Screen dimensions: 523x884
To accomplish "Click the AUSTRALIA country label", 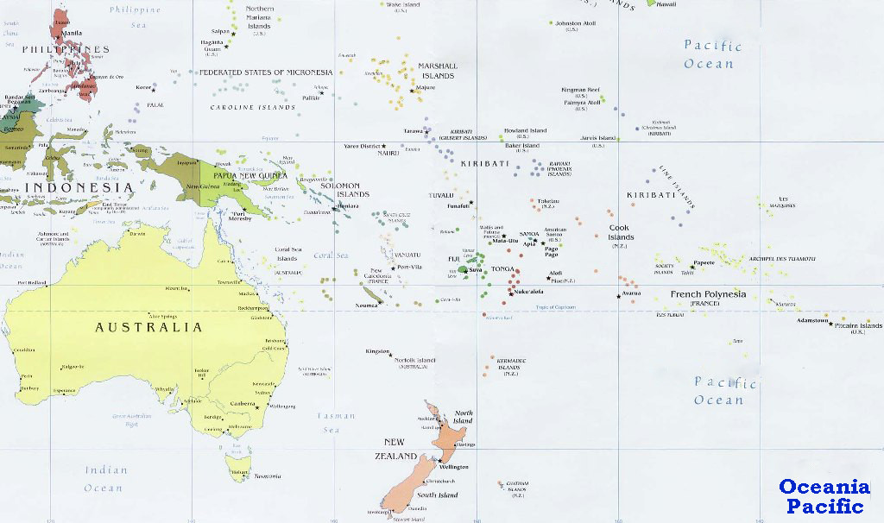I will [149, 327].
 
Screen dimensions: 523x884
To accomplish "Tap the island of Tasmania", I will [238, 466].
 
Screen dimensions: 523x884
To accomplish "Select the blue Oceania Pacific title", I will [824, 496].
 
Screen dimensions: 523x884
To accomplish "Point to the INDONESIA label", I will [79, 187].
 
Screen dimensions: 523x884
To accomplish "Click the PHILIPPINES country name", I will [66, 49].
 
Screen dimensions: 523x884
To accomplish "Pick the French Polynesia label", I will [708, 294].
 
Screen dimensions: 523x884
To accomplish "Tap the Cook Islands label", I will [621, 233].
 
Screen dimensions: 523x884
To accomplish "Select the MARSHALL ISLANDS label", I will [437, 71].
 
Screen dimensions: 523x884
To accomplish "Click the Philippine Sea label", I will [136, 17].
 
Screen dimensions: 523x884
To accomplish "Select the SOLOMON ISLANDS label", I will [339, 190].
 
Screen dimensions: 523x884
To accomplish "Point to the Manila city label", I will [72, 33].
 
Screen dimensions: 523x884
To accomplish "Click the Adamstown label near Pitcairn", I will [811, 320].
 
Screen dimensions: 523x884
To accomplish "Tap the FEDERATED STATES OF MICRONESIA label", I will [266, 72].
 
